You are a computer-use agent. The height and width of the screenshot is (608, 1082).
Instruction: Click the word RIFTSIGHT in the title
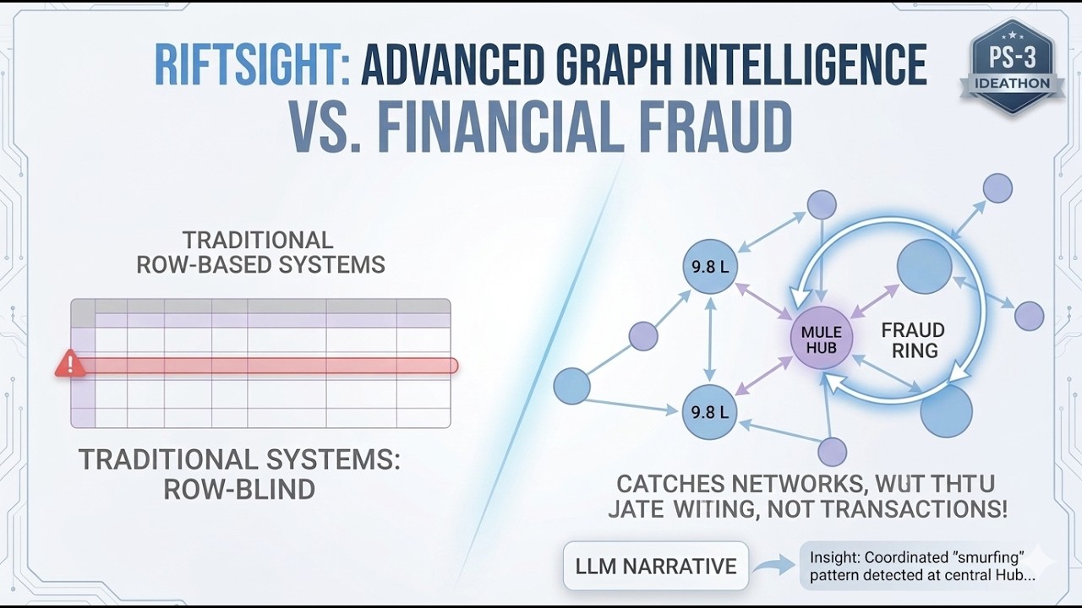point(250,67)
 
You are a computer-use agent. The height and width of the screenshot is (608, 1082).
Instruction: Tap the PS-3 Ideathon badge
point(1012,67)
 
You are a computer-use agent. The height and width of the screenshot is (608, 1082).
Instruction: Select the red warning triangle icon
point(69,365)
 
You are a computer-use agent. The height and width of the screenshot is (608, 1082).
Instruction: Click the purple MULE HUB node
point(821,337)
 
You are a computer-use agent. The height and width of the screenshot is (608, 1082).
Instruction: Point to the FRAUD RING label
point(913,339)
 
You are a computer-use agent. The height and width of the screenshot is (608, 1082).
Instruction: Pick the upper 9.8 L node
point(710,267)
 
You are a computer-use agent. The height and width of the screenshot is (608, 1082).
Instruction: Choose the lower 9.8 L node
point(709,412)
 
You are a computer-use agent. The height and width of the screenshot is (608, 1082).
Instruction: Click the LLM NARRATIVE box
point(656,566)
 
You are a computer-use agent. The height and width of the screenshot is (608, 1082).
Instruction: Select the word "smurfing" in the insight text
point(986,557)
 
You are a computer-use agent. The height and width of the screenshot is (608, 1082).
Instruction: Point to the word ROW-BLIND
point(239,489)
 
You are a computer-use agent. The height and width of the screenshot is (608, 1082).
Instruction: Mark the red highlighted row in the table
point(270,366)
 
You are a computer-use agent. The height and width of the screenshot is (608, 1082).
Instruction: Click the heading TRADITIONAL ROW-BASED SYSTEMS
point(260,252)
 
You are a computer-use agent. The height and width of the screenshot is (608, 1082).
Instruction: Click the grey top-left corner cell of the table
point(83,313)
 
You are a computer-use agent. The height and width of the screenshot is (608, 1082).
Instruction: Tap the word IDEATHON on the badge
point(1012,84)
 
